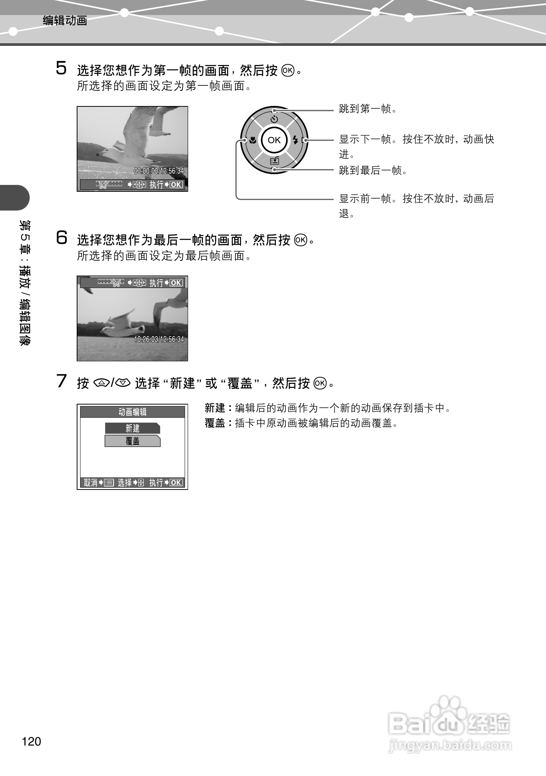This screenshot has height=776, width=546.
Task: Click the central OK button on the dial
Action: [274, 140]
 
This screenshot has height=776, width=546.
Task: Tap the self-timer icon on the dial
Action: [274, 120]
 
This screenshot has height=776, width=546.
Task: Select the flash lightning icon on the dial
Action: [295, 141]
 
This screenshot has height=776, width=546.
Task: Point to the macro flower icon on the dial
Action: [253, 141]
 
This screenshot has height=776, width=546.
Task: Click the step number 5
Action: [61, 68]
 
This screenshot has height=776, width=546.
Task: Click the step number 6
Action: [62, 238]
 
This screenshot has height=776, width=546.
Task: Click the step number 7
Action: [61, 381]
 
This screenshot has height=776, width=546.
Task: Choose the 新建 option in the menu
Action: [132, 428]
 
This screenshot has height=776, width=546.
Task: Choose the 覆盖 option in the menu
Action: [132, 441]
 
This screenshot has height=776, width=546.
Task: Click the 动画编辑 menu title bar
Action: [132, 412]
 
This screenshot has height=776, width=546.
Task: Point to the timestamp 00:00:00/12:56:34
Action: [159, 171]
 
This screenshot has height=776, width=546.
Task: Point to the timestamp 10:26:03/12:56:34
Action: [159, 339]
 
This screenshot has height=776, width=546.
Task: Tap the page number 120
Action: [32, 741]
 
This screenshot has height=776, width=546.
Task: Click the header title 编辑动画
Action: [65, 20]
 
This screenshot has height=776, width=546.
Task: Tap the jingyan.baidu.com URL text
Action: [450, 745]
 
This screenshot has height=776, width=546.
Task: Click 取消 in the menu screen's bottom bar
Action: [90, 483]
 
